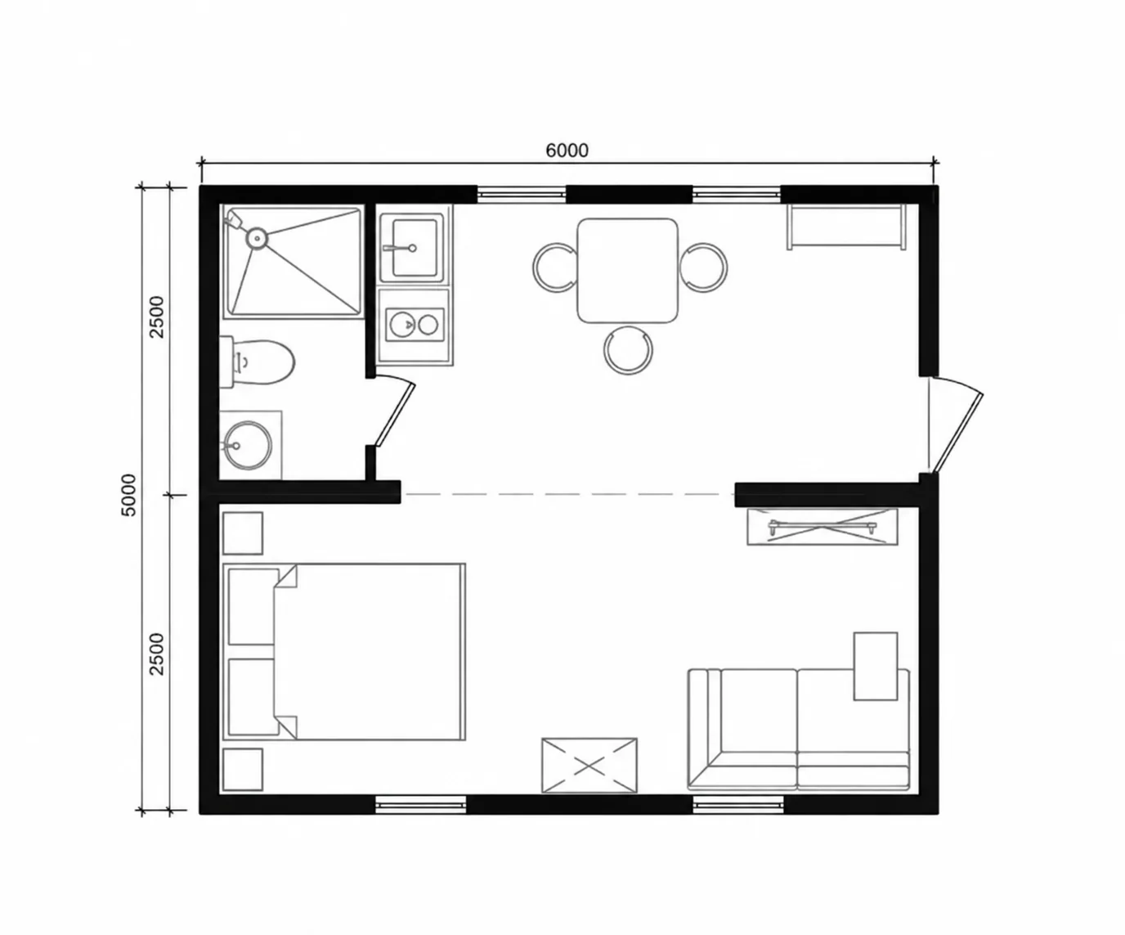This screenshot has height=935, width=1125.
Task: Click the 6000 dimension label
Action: pyautogui.click(x=567, y=151)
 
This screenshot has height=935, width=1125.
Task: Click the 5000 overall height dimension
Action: pyautogui.click(x=129, y=495)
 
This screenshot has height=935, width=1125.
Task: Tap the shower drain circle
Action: pyautogui.click(x=257, y=238)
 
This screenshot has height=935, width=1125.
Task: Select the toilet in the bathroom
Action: pyautogui.click(x=257, y=362)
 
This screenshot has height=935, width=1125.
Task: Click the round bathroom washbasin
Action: pyautogui.click(x=249, y=445)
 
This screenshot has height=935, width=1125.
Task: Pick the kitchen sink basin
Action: pyautogui.click(x=414, y=248)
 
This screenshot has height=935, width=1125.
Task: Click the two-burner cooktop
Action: pyautogui.click(x=415, y=325)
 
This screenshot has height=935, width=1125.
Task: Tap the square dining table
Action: pyautogui.click(x=627, y=270)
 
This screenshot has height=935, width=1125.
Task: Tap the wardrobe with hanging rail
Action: pyautogui.click(x=822, y=526)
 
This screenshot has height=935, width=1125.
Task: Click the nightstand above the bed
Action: pyautogui.click(x=243, y=533)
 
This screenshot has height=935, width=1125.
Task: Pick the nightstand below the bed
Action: pyautogui.click(x=243, y=770)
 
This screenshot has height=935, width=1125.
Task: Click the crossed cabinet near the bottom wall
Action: pyautogui.click(x=589, y=766)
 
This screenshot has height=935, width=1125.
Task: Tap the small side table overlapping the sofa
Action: pyautogui.click(x=876, y=667)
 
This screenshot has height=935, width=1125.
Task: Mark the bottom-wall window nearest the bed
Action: pyautogui.click(x=421, y=804)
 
